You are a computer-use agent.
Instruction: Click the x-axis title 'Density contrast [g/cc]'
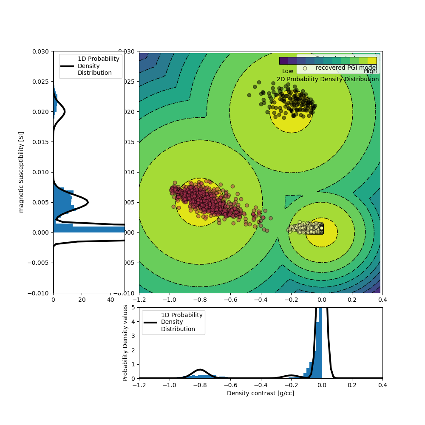pos(261,393)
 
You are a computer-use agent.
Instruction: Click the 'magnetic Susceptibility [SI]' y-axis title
pos(21,172)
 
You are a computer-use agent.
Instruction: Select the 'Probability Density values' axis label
pos(125,343)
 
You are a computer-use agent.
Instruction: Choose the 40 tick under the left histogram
pos(110,300)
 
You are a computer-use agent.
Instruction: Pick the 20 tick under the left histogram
pos(82,300)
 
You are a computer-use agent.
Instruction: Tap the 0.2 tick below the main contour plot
pos(352,300)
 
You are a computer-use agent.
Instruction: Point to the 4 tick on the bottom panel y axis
pos(133,322)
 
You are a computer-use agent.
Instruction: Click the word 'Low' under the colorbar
pos(288,71)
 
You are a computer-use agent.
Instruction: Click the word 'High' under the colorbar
pos(370,71)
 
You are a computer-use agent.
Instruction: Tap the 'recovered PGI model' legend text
pos(346,68)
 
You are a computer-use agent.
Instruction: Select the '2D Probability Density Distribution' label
pos(328,79)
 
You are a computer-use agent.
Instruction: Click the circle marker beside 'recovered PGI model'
pos(305,68)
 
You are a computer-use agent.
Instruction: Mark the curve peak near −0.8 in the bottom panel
pos(200,370)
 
